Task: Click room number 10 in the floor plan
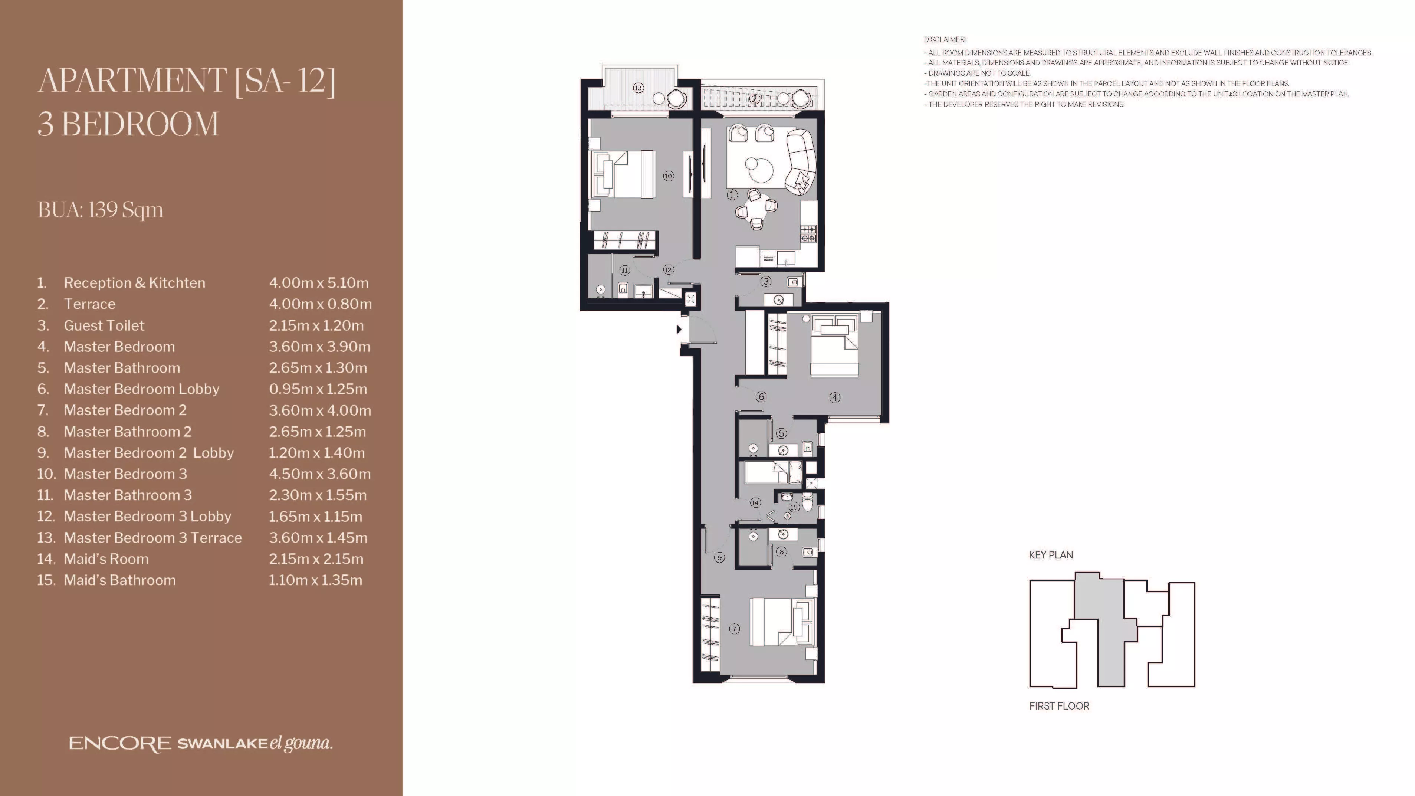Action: coord(668,176)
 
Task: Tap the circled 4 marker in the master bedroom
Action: coord(835,397)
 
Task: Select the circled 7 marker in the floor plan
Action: coord(735,629)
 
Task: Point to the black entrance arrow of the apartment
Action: coord(679,330)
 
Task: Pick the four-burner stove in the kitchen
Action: coord(808,234)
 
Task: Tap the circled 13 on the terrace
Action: coord(638,88)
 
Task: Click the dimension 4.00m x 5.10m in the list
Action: coord(319,283)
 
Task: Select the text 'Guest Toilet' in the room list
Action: coord(104,325)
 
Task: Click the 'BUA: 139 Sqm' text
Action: coord(101,210)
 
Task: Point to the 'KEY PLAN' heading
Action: coord(1051,555)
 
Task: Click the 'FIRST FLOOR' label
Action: coord(1059,706)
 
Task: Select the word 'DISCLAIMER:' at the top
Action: coord(945,40)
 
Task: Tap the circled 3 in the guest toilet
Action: coord(766,282)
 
